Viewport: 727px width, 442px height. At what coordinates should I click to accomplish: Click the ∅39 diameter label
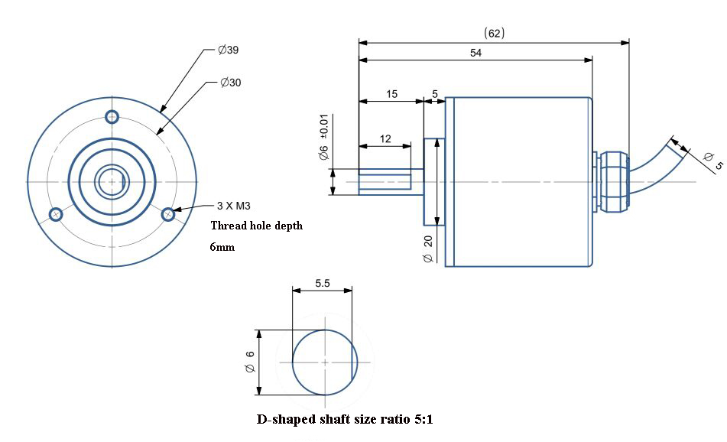pos(229,51)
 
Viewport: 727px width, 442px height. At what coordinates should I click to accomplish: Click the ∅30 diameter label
pos(230,83)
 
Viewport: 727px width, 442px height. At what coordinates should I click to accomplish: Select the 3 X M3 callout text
pos(235,206)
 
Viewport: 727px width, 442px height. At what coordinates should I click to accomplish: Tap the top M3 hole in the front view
pos(112,117)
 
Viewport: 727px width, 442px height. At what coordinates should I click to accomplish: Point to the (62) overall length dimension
pos(495,34)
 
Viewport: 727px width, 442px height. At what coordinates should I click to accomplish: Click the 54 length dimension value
pos(475,52)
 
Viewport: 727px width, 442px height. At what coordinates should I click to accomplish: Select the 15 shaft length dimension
pos(391,94)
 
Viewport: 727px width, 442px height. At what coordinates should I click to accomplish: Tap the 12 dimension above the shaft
pos(385,138)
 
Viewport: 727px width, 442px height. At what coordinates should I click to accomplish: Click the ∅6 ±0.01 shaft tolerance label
pos(323,138)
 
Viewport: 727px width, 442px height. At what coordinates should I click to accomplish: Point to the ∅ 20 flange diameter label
pos(428,249)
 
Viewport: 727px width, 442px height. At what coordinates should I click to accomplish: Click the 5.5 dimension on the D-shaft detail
pos(323,282)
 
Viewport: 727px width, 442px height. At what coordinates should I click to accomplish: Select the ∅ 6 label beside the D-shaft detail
pos(249,363)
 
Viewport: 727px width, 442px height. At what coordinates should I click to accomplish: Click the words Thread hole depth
pos(256,226)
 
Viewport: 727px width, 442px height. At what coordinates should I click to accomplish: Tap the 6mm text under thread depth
pos(221,248)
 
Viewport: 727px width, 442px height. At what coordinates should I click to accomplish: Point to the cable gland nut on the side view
pos(612,182)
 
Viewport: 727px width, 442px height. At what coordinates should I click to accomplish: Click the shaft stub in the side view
pos(385,182)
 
